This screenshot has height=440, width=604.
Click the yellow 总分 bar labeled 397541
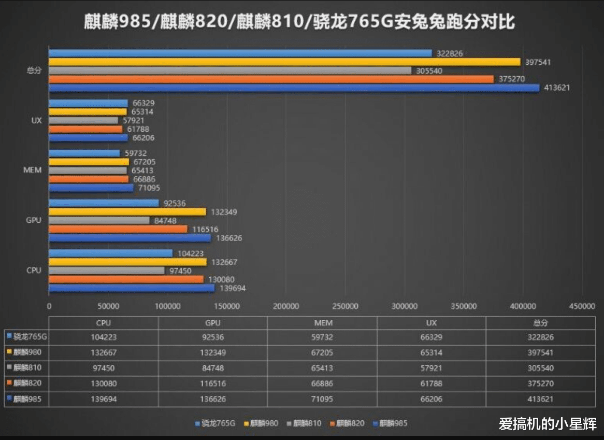coord(284,62)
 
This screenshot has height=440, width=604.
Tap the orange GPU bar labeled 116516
coord(118,229)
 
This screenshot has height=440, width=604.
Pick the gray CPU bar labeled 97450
coord(107,271)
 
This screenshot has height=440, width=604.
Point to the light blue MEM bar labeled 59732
coord(84,153)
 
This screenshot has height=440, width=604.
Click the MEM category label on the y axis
coord(33,170)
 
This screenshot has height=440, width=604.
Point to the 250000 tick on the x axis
coord(345,306)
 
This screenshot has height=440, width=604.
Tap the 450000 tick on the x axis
coord(582,306)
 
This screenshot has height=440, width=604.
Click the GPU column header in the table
coord(212,323)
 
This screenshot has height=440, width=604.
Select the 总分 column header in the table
coord(540,323)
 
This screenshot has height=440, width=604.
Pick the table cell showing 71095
coord(322,399)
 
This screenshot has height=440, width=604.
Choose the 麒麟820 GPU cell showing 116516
coord(212,384)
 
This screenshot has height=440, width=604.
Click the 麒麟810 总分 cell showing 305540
coord(540,368)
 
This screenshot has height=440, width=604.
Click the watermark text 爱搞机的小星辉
coord(548,424)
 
